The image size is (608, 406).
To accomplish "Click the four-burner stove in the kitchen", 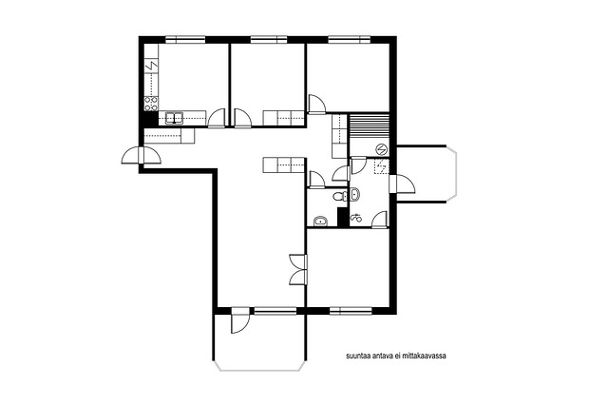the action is click(x=151, y=104).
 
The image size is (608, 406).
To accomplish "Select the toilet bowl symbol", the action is click(x=340, y=196).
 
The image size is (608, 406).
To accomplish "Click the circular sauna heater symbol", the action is click(x=382, y=149).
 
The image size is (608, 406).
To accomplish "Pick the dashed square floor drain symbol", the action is click(x=382, y=167).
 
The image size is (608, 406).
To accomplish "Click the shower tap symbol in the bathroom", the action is click(x=355, y=219).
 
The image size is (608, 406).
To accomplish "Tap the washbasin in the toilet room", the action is click(x=321, y=222).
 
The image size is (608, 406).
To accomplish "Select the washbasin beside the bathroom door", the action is click(x=354, y=193).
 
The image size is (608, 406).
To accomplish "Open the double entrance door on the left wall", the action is click(x=142, y=155).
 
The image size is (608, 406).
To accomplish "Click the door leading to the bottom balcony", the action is click(x=240, y=320).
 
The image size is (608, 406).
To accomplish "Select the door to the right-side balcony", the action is click(x=402, y=184).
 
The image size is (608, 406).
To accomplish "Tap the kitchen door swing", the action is click(x=217, y=119).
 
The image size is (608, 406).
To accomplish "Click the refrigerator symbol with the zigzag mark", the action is click(x=151, y=67).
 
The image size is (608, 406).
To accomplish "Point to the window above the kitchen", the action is click(x=185, y=39).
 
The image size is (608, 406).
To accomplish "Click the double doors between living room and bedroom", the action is click(x=298, y=271).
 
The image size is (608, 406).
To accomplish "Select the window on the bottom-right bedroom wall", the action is click(x=351, y=311).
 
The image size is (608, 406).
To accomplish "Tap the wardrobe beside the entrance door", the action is click(x=169, y=137).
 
